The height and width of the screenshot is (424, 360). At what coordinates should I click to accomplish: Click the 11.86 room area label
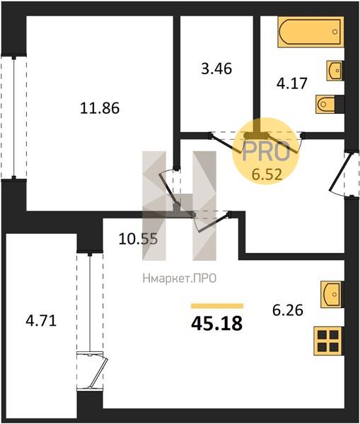(100, 108)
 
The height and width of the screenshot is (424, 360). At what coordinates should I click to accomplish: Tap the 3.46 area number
(216, 69)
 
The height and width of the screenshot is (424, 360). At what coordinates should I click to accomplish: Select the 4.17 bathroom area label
(292, 83)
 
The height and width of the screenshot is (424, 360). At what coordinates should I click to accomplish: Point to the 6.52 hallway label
(267, 175)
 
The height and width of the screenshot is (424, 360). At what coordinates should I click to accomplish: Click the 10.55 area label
(138, 239)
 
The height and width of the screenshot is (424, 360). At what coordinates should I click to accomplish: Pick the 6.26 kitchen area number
(288, 310)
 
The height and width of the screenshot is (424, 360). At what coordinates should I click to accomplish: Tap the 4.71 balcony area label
(41, 322)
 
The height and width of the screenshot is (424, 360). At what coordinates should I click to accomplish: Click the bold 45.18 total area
(216, 324)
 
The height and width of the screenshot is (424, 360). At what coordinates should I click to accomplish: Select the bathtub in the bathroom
(310, 32)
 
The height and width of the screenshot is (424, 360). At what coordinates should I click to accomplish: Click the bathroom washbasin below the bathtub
(335, 70)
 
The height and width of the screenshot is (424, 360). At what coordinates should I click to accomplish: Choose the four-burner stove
(328, 341)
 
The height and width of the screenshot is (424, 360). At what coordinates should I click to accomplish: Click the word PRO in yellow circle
(266, 152)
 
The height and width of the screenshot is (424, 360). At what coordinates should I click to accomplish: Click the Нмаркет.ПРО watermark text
(180, 278)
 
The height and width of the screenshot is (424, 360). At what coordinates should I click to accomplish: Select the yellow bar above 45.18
(217, 306)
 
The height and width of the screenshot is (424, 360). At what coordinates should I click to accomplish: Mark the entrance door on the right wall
(343, 175)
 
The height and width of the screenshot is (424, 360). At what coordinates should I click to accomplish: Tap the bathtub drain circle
(335, 32)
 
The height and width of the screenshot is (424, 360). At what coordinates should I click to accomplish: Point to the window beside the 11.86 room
(14, 117)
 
